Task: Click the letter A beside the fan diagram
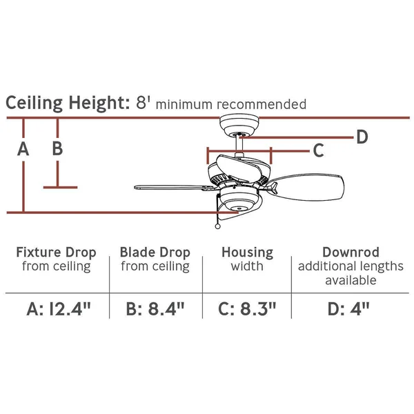point(23,149)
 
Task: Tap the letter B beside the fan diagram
point(57,148)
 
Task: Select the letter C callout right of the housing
point(318,150)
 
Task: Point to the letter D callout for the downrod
point(362,137)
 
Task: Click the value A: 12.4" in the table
point(59,309)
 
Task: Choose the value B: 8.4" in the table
point(155,309)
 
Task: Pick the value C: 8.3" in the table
point(247,309)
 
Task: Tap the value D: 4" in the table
point(348,309)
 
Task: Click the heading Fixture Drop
point(56,253)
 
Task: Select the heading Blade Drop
point(155,253)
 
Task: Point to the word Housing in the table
point(248,253)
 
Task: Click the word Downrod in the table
point(351,252)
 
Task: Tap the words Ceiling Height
point(68,103)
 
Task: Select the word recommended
point(262,104)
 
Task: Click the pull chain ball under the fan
point(217,226)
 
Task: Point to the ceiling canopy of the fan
point(239,125)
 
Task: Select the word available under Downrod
point(351,280)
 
